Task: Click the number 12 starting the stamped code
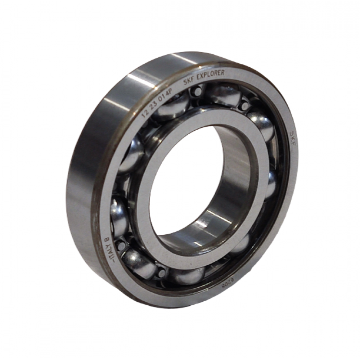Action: [x=145, y=113]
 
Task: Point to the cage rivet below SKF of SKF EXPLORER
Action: [x=198, y=92]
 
